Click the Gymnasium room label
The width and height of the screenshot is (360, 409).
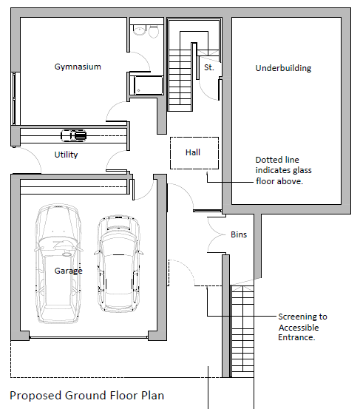(78, 67)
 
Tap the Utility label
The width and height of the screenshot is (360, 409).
(66, 155)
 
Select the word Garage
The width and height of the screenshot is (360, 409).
(68, 271)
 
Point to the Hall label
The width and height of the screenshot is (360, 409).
(193, 152)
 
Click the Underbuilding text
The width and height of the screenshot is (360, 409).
(283, 68)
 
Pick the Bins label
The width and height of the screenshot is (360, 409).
(239, 234)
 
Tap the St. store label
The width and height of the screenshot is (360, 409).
(209, 67)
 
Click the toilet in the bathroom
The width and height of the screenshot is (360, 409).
(154, 31)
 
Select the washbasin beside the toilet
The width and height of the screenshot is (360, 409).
(140, 30)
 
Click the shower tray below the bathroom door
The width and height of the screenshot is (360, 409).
(149, 85)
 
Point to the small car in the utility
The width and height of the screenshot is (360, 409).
(73, 135)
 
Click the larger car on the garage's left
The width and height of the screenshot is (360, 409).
(58, 263)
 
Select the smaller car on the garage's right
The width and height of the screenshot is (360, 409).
(118, 263)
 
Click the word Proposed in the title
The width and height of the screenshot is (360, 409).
(35, 396)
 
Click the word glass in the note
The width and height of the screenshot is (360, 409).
(302, 170)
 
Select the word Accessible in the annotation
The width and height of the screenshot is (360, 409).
(299, 328)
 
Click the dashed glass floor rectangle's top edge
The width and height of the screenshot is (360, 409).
(194, 138)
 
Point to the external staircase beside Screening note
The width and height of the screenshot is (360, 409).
(242, 331)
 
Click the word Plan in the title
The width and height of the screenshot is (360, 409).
(153, 396)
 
